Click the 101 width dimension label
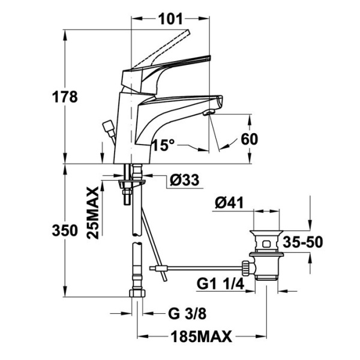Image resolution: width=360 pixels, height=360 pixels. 170,19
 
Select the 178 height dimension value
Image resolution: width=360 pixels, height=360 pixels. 65,97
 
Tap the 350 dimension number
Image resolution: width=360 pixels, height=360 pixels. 65,231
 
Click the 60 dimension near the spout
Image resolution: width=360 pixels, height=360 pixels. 248,139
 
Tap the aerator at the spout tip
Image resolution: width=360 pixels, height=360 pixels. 209,112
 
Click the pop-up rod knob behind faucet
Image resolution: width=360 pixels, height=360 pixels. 109,127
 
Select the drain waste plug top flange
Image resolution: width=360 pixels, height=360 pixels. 265,230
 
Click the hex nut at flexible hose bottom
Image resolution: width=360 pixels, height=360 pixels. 138,295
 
